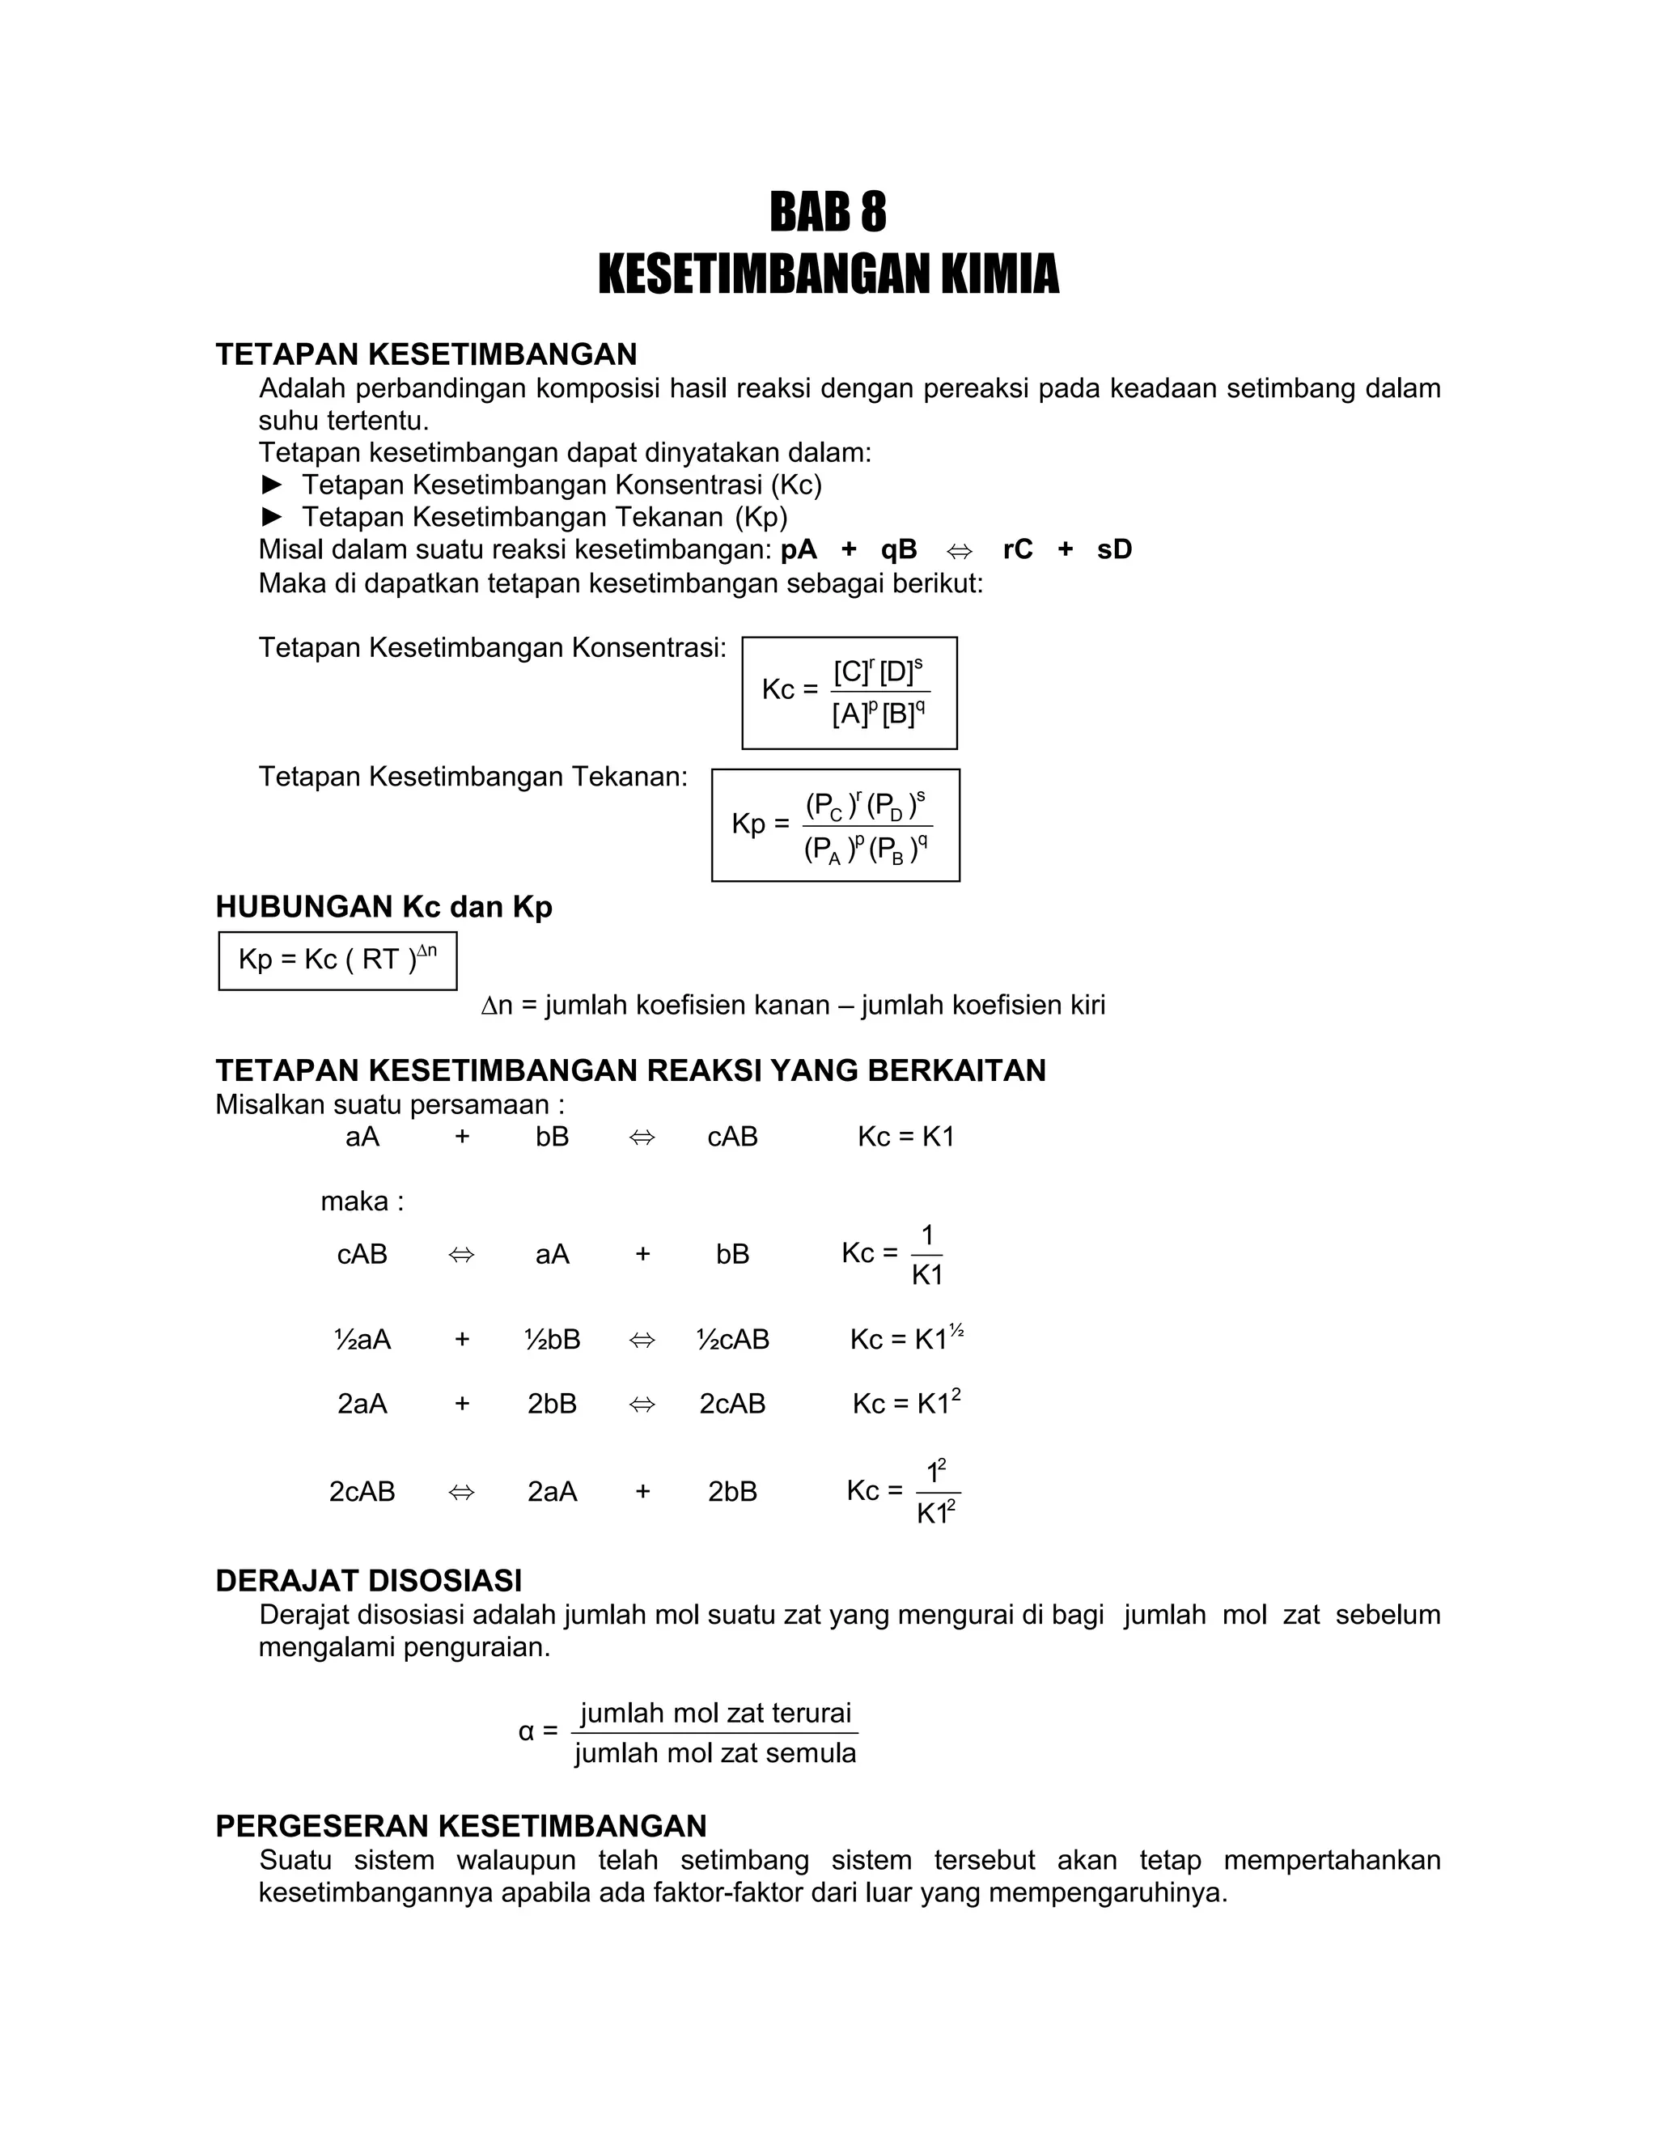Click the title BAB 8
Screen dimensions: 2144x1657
[828, 211]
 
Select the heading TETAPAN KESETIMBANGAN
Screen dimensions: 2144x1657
[426, 354]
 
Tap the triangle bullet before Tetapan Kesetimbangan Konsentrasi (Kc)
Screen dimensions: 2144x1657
[272, 484]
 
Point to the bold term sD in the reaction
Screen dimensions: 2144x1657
[1114, 549]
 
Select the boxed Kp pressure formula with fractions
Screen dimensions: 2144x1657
[835, 824]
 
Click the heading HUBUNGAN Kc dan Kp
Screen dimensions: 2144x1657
[384, 906]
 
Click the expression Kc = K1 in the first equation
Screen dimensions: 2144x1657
[905, 1136]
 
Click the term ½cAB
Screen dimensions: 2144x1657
[732, 1339]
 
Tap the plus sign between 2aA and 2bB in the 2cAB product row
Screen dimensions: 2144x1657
[643, 1491]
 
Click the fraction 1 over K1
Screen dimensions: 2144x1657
[926, 1255]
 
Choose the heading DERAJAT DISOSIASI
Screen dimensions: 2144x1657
[368, 1581]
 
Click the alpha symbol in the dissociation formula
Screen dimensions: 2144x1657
[526, 1731]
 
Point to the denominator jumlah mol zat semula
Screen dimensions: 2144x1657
[715, 1752]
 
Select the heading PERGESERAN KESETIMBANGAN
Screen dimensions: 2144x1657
[460, 1826]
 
